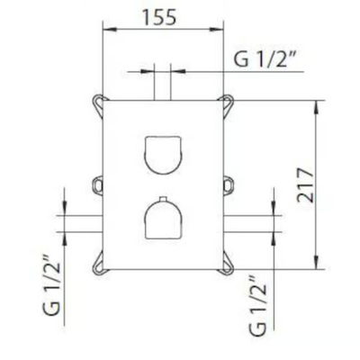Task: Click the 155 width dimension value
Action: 159,17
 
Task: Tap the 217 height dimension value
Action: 305,185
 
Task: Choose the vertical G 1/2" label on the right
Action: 257,302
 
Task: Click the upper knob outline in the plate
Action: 163,155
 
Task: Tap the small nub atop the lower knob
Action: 163,199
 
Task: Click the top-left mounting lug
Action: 98,103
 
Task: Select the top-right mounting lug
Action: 228,103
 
